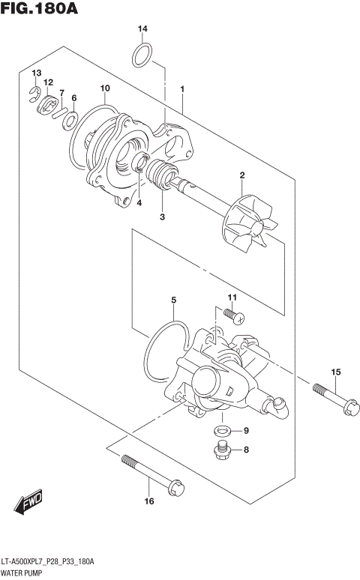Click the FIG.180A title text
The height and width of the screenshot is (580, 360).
click(x=40, y=10)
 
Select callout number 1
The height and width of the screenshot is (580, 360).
click(x=182, y=89)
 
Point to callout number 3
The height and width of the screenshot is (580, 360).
click(x=162, y=217)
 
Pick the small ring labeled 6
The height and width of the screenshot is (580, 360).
click(x=70, y=120)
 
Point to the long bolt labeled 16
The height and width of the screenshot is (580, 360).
click(x=149, y=470)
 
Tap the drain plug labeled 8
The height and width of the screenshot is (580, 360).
click(x=223, y=450)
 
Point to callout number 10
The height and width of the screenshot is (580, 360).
click(x=105, y=88)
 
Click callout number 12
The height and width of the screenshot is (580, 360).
click(x=49, y=82)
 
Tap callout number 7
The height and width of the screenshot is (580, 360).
click(x=62, y=93)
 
